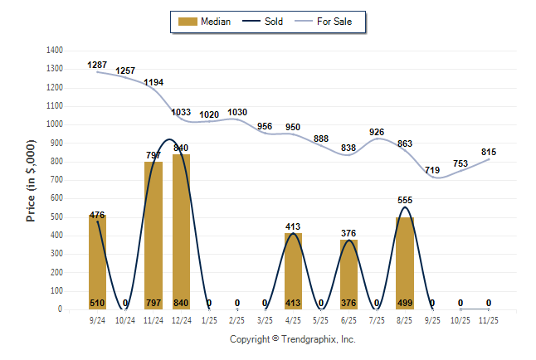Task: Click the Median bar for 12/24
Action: coord(181,231)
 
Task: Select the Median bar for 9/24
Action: coord(97,262)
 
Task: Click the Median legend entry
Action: coord(207,22)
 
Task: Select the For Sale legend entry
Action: coord(329,22)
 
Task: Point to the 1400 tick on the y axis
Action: coord(52,50)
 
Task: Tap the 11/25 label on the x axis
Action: coord(489,319)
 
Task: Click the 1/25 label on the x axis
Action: coord(209,319)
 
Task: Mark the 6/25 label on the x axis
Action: coord(349,319)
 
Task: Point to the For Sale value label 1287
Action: coord(97,65)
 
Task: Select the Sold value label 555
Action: coord(405,200)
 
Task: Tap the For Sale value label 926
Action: coord(377,132)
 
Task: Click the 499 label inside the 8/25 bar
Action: coord(405,303)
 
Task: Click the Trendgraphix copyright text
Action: coord(292,339)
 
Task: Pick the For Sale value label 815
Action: coord(489,152)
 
